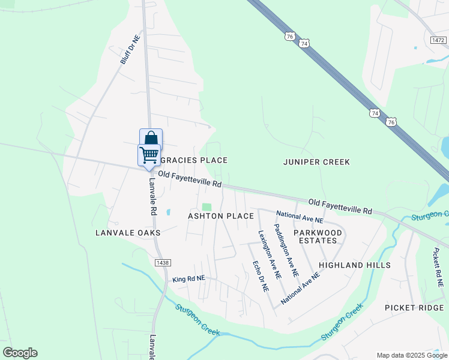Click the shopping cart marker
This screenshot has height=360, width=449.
(149, 155)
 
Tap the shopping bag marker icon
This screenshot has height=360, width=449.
(151, 138)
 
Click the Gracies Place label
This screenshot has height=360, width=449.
(194, 160)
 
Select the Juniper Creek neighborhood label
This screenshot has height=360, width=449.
(316, 162)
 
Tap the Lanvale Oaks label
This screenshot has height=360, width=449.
(128, 232)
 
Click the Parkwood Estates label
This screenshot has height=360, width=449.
(318, 236)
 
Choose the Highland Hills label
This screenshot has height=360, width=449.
(355, 265)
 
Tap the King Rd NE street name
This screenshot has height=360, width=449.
(188, 279)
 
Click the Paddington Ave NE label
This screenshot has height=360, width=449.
(286, 250)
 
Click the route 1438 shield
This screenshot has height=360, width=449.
(160, 262)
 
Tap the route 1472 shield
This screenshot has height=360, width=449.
(438, 40)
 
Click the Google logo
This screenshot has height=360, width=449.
(20, 353)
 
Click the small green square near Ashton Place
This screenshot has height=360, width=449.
(207, 207)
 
